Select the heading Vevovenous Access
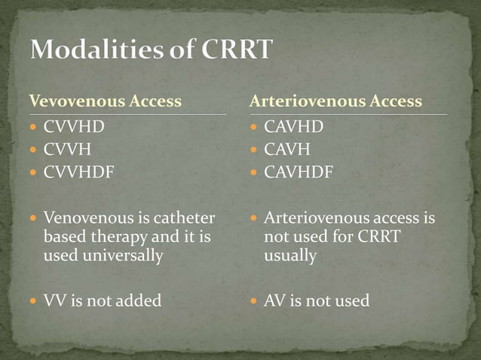pos(105,101)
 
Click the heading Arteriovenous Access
pos(335,101)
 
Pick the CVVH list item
pos(68,150)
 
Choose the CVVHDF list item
pos(78,172)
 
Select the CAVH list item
pos(288,150)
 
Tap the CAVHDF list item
pos(299,172)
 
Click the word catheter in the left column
pos(185,218)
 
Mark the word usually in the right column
pos(290,255)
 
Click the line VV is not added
pos(102,301)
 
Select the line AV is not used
pos(317,301)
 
